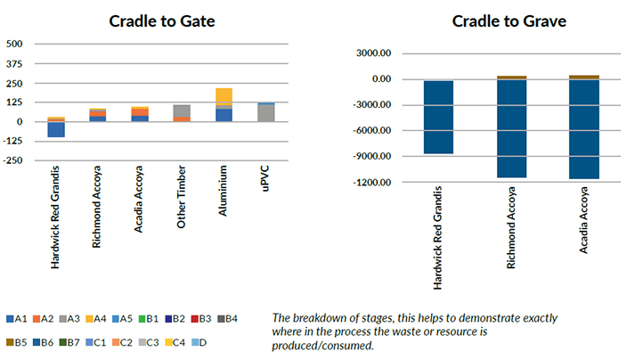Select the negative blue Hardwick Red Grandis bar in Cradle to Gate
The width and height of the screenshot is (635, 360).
pyautogui.click(x=56, y=129)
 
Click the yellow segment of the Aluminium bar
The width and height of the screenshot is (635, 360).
pyautogui.click(x=224, y=95)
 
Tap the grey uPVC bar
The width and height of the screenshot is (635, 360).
pyautogui.click(x=265, y=112)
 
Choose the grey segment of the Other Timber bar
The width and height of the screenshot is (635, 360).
pyautogui.click(x=182, y=110)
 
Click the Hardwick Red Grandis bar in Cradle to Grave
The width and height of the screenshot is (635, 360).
pyautogui.click(x=438, y=117)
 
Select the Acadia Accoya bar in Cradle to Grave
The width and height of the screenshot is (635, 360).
pyautogui.click(x=584, y=129)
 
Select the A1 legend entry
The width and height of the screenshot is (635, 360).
pyautogui.click(x=17, y=318)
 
